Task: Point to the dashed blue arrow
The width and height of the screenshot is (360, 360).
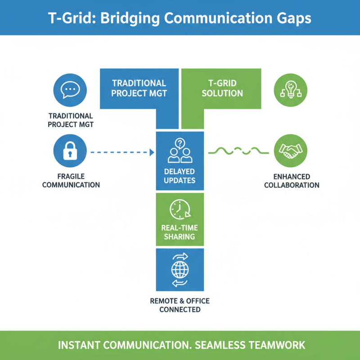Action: [x=119, y=153]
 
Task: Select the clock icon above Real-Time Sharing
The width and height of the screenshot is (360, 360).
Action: [x=180, y=210]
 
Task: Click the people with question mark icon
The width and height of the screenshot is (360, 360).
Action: [x=180, y=151]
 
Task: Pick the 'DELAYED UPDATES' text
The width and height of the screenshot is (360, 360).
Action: [x=180, y=176]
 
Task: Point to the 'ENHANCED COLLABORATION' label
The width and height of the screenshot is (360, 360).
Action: [x=291, y=181]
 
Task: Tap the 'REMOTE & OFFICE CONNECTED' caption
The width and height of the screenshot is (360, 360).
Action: [x=180, y=305]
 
